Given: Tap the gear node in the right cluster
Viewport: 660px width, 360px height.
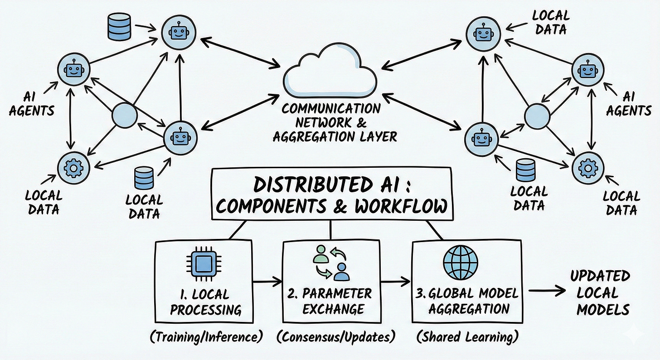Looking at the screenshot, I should tap(587, 168).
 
